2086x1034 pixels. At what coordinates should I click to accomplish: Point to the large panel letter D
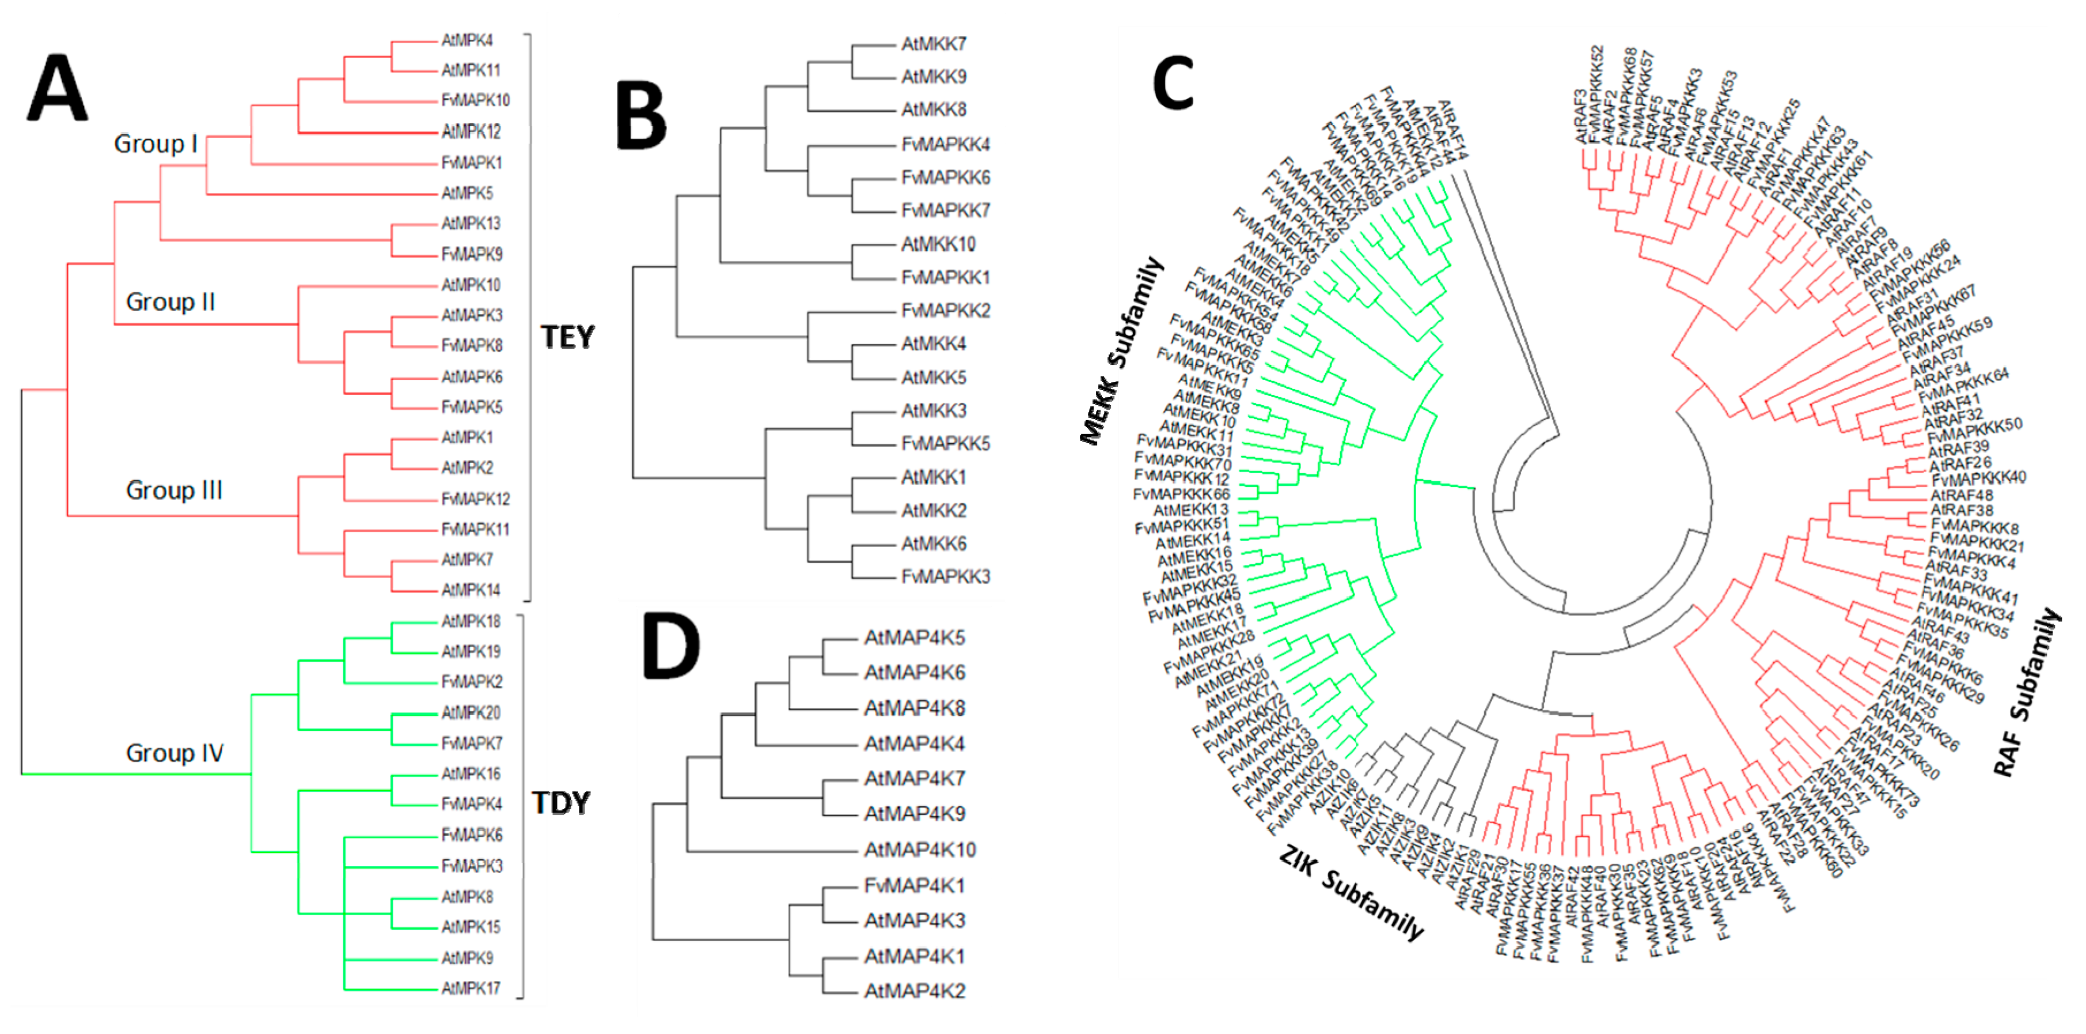(670, 646)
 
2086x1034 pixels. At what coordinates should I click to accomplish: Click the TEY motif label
(568, 337)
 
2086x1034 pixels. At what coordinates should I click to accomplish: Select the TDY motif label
(560, 803)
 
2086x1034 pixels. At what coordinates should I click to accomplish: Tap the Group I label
(155, 144)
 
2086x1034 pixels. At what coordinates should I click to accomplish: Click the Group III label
(173, 490)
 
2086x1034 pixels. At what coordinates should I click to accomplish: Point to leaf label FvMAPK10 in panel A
(475, 100)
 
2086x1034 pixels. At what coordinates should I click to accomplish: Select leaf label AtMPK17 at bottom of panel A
(471, 988)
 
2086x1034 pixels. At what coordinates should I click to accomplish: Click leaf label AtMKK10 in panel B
(939, 244)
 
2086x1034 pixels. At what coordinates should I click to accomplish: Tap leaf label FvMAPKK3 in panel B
(946, 576)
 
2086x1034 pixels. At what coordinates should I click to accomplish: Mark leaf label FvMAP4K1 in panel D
(914, 886)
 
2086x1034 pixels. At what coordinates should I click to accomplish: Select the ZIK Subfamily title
(1351, 892)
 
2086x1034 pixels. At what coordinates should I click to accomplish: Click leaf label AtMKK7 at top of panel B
(934, 44)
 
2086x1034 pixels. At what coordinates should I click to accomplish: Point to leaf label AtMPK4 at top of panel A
(467, 40)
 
